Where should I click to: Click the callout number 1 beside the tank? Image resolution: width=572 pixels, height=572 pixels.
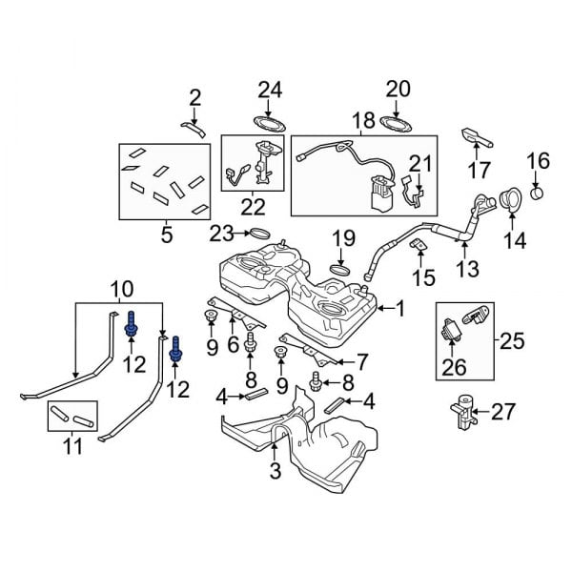tap(400, 308)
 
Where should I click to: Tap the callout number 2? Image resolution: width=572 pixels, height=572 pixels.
tap(194, 96)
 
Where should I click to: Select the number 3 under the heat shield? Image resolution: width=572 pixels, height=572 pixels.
tap(275, 469)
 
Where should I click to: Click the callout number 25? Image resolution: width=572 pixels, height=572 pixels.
tap(513, 339)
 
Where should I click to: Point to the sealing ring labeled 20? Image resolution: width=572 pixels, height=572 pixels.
tap(394, 122)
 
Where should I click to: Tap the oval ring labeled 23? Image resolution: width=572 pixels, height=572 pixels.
tap(259, 234)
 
